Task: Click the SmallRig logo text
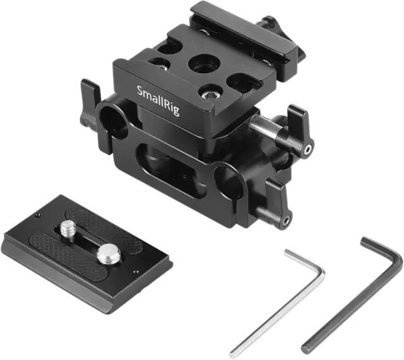[158, 101]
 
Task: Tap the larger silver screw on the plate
[108, 253]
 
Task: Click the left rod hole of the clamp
[114, 119]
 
